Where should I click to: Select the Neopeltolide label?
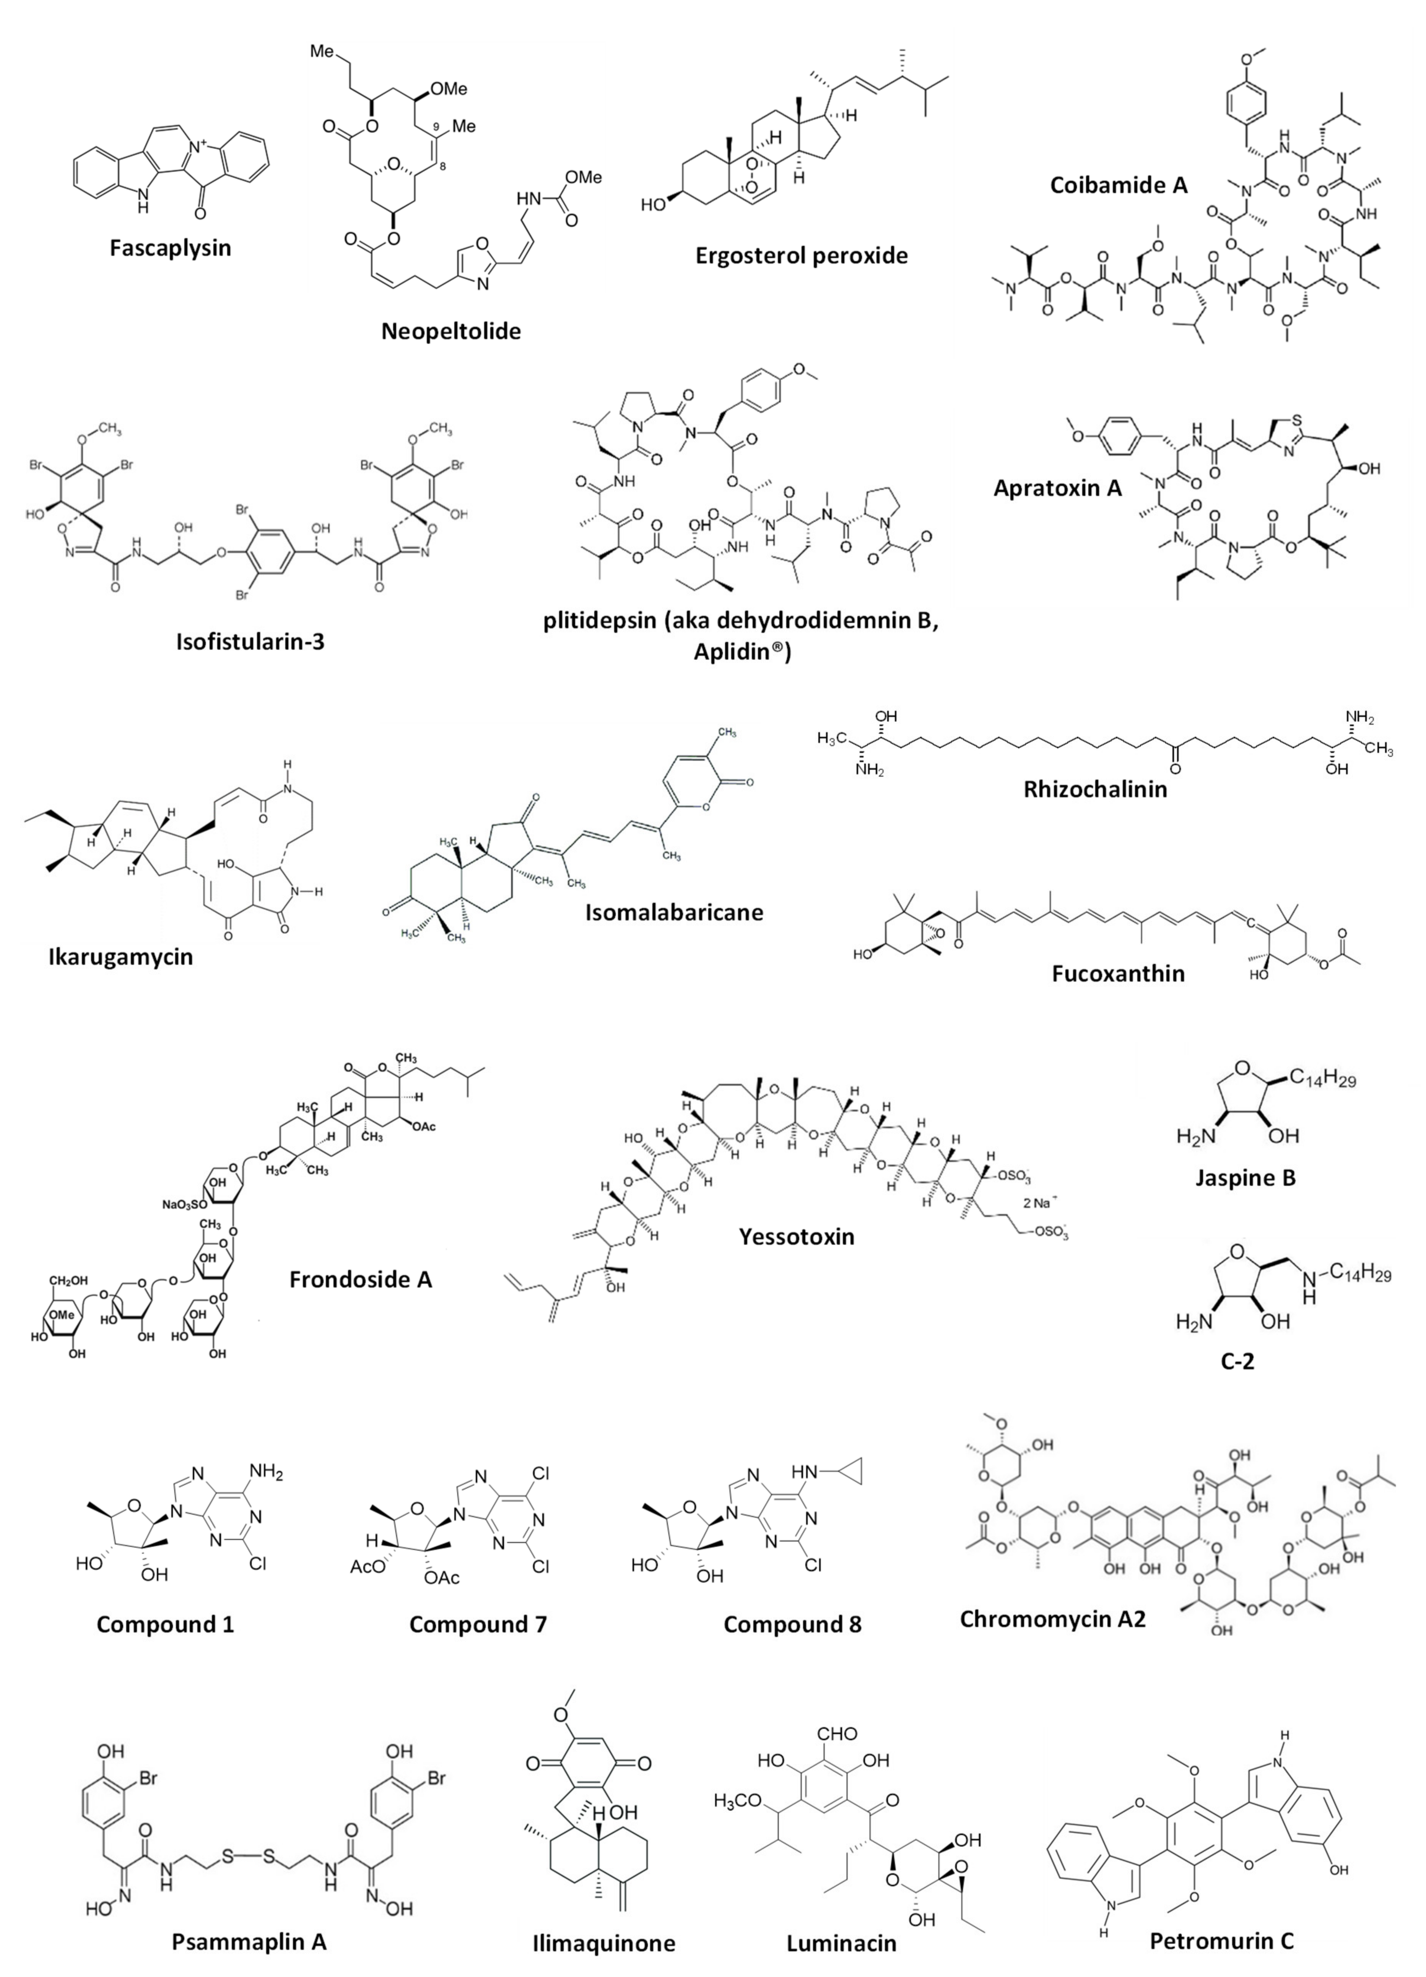click(450, 331)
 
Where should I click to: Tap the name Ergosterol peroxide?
click(801, 255)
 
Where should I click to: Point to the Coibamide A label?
click(1118, 185)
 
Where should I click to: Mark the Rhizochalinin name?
click(1095, 789)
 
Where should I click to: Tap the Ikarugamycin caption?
click(120, 956)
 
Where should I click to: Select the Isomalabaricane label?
click(674, 913)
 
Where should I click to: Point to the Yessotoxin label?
click(797, 1236)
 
